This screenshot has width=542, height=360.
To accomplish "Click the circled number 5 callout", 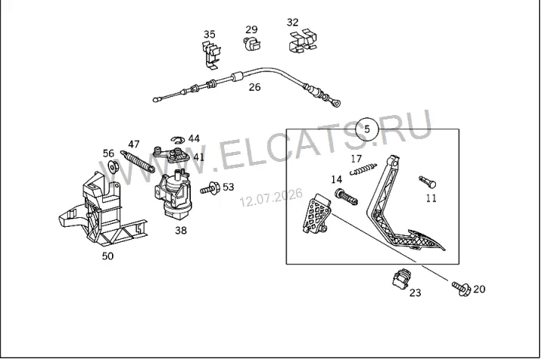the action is [x=367, y=129].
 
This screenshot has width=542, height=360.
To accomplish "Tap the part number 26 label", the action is [x=254, y=87].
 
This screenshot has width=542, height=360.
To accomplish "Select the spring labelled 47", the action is [x=138, y=161].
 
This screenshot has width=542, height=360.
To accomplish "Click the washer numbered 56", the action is [x=114, y=167].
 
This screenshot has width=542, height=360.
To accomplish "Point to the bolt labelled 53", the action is [x=210, y=188].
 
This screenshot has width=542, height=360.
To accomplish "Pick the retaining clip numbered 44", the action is [x=178, y=140].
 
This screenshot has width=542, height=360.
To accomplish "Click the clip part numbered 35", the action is [x=211, y=54].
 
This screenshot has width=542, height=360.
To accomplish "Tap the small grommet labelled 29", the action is [x=251, y=43].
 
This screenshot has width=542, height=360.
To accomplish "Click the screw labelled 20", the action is [x=461, y=288].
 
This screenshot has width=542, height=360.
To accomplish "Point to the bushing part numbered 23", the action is [x=401, y=278].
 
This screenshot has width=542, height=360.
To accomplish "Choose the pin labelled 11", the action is [x=427, y=182].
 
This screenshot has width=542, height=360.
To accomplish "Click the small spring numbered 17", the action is [x=363, y=169].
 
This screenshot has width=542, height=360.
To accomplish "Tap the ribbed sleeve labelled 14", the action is [x=346, y=197].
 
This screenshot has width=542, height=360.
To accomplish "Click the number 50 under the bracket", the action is [x=107, y=256].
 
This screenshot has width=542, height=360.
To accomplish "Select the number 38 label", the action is [x=181, y=230].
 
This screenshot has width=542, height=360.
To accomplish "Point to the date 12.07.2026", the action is [x=271, y=197].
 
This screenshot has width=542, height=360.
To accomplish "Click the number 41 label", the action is [x=199, y=157].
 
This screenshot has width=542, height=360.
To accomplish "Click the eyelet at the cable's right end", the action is [x=335, y=102].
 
